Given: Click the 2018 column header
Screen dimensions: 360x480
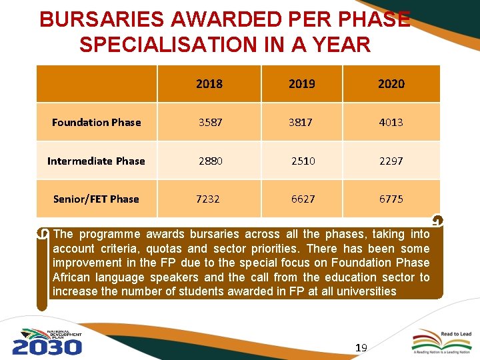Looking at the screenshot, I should [209, 84].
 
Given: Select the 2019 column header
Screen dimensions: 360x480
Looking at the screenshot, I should [302, 84].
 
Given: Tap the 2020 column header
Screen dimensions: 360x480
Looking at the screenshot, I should [391, 84].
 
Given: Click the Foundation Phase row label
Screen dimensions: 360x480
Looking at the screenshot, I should [97, 122].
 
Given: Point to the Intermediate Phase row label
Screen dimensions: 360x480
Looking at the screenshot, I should [96, 161].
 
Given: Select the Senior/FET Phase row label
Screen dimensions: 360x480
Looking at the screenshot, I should [96, 199].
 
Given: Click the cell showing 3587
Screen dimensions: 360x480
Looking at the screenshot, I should [209, 122].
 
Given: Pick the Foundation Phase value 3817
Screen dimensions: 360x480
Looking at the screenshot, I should [302, 122].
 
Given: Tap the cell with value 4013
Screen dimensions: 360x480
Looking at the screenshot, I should [391, 122].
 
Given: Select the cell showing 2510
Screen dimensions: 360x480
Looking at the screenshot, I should [303, 161].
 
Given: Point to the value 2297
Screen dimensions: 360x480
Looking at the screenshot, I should [391, 161].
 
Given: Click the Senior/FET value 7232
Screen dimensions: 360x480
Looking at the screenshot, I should [209, 199].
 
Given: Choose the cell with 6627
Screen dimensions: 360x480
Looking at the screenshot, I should [302, 199].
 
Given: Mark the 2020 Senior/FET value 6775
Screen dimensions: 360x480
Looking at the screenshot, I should [391, 199].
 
